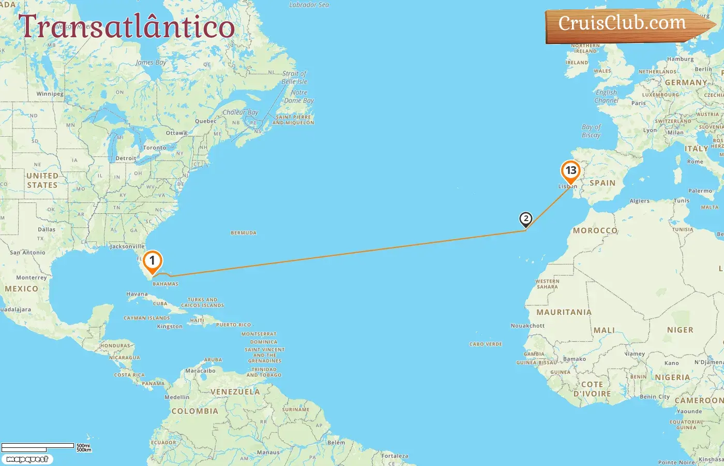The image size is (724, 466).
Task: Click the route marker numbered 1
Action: [152, 261]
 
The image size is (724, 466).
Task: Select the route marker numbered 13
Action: [570, 171]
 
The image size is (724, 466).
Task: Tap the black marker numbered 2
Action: [525, 219]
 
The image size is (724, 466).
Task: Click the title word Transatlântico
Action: [126, 26]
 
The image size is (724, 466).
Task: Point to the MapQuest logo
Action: [27, 459]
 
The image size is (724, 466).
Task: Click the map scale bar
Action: [38, 446]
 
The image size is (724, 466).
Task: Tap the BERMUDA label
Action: [244, 233]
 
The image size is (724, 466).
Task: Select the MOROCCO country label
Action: [595, 230]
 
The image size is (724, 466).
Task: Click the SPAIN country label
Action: [602, 183]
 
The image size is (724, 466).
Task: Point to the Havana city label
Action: [137, 294]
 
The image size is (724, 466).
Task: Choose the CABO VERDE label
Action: [486, 344]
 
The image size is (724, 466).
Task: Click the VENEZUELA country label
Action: [235, 392]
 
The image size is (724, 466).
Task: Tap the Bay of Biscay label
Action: [591, 131]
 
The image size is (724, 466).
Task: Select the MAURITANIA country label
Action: [564, 312]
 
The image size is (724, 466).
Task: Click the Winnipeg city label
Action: [50, 94]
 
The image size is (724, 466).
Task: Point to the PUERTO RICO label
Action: [233, 325]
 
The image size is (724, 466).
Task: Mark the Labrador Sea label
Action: [309, 5]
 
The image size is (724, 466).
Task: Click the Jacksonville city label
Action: [127, 246]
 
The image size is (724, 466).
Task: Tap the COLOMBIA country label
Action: [195, 411]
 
